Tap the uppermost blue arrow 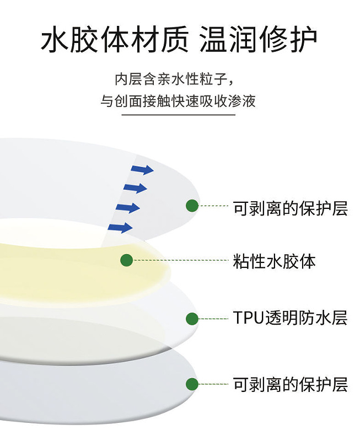click(142, 170)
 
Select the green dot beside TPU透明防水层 click(192, 318)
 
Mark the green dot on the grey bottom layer click(192, 384)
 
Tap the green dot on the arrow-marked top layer click(192, 206)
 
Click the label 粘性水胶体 click(275, 261)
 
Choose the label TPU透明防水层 click(290, 318)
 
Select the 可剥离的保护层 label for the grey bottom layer click(290, 384)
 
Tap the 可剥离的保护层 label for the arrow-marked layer click(290, 208)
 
